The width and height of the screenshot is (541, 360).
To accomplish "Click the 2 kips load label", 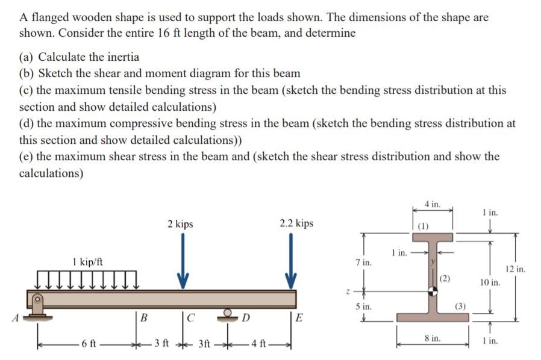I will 180,224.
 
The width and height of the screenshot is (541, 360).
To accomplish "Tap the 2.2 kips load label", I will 296,223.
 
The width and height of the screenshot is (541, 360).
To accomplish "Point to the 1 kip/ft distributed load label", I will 87,262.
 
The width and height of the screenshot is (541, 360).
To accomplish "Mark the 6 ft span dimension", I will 89,346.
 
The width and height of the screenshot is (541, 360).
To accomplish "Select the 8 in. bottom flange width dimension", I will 433,340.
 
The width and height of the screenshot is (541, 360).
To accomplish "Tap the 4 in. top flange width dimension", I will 431,205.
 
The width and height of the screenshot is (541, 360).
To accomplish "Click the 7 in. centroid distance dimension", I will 364,263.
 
